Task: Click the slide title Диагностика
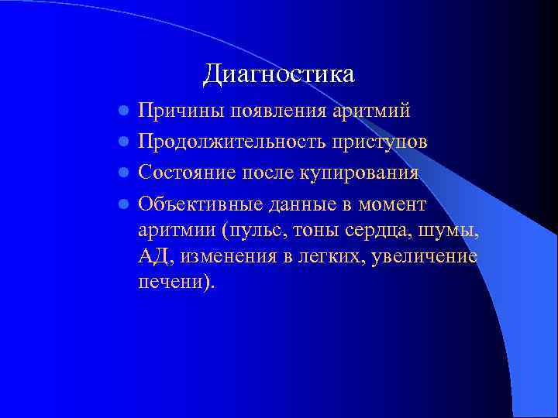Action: click(x=279, y=74)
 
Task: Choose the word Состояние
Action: click(x=186, y=173)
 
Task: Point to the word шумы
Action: click(x=446, y=230)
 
